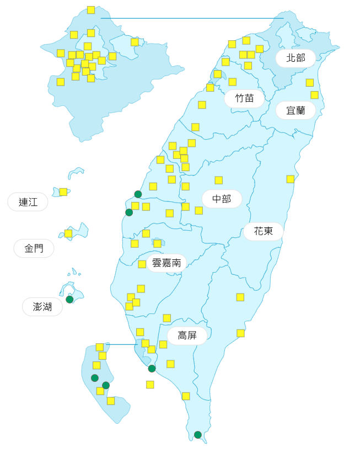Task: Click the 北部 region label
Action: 295,58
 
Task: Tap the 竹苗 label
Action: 244,99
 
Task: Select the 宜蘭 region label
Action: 295,110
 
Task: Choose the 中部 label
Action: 222,199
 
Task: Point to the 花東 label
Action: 264,231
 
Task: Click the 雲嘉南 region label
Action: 166,263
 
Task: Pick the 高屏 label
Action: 187,336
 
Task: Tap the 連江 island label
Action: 28,202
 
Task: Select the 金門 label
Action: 34,248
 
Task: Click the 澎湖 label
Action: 42,307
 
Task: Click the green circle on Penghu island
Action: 69,300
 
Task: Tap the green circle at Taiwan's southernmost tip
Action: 198,435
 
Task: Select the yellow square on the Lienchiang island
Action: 63,192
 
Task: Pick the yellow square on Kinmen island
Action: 68,233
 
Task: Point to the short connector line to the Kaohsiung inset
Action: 121,344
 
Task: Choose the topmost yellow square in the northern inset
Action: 91,10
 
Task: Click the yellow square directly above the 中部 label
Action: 219,180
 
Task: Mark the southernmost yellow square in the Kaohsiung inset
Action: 111,401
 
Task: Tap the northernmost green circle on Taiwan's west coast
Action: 138,194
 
